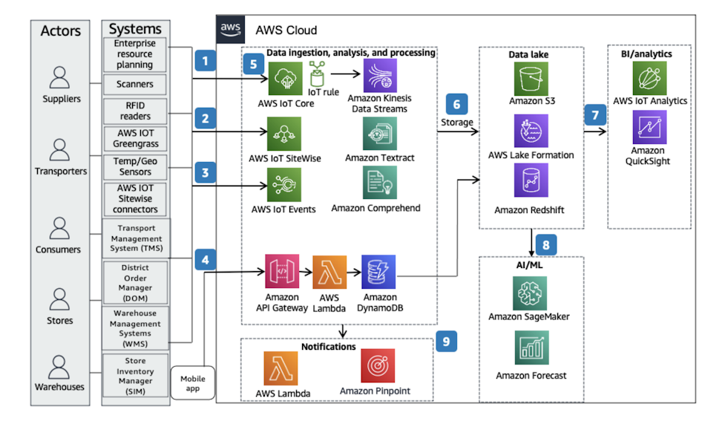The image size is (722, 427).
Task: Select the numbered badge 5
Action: [253, 65]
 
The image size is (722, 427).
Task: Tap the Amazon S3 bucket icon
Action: [531, 78]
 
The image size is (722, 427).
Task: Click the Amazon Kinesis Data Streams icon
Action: [379, 76]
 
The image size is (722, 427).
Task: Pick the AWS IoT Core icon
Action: [283, 79]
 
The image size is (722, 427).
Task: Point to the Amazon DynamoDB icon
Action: [379, 273]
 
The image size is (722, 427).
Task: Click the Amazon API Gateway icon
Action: [282, 273]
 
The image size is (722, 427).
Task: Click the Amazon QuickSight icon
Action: [649, 127]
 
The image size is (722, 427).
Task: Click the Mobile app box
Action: [193, 383]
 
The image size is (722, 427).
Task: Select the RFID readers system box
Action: [135, 110]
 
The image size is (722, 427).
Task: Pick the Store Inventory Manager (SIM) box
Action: [135, 377]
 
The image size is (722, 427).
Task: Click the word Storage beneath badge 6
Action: [456, 123]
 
